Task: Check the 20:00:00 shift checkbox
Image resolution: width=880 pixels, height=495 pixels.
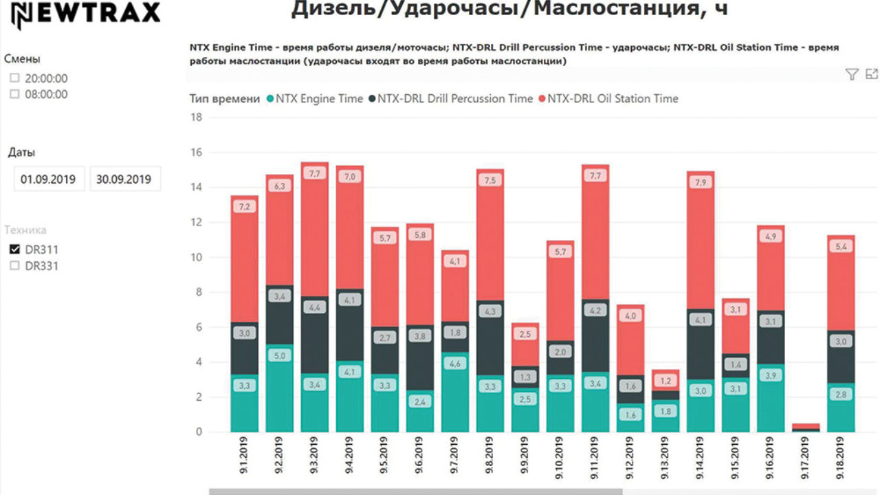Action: (14, 78)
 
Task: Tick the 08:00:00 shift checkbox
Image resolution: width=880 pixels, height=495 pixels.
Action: (14, 94)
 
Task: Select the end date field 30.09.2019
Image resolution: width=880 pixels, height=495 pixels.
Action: (125, 179)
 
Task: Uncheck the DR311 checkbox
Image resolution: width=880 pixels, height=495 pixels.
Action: (14, 250)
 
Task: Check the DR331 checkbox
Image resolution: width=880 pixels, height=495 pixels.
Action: (14, 266)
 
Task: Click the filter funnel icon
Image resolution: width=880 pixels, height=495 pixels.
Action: (852, 74)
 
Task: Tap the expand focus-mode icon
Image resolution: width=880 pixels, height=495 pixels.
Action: (872, 74)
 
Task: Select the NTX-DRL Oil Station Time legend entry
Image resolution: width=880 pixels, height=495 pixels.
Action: (612, 98)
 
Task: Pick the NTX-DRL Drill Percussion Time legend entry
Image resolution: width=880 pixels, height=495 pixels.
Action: (454, 98)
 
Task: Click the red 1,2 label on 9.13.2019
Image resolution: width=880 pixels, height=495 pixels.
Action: (666, 380)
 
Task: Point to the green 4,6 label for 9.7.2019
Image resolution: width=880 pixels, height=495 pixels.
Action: (455, 364)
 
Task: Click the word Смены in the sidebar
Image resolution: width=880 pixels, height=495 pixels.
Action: (22, 59)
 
